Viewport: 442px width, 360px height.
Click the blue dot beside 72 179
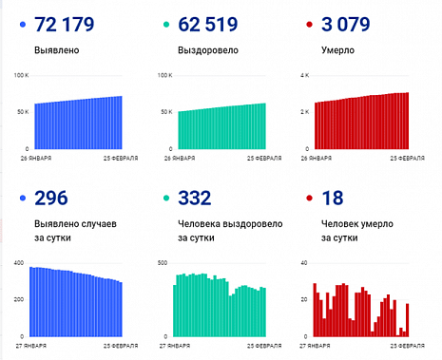tap(20, 24)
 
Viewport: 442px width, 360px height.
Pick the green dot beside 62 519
tap(165, 24)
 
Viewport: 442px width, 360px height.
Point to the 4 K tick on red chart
tap(304, 75)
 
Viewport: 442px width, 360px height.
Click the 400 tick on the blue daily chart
tap(18, 261)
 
